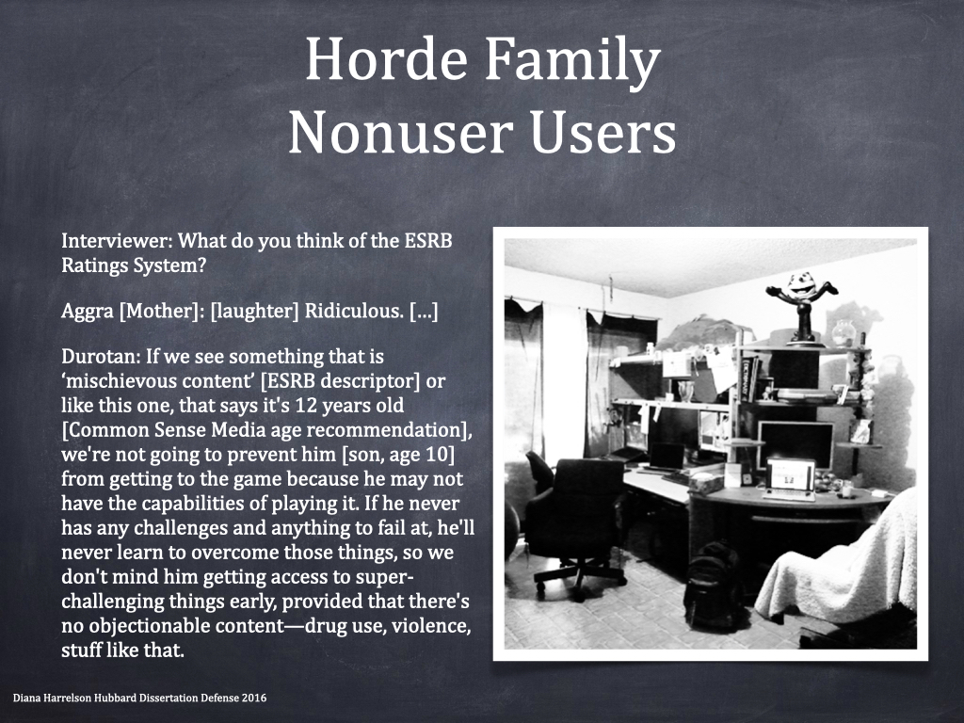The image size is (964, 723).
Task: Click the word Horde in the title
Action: (x=386, y=59)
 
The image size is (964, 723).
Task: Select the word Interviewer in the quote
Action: (x=114, y=240)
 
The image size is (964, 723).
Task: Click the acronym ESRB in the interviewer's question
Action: (x=427, y=240)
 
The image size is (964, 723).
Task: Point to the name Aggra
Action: (x=88, y=312)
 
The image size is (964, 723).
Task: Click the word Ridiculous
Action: (x=354, y=311)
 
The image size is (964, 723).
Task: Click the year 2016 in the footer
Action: (x=254, y=698)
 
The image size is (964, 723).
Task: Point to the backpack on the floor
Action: (x=715, y=584)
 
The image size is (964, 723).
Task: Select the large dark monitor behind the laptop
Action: (x=795, y=442)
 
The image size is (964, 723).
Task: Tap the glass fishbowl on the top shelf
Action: (x=844, y=332)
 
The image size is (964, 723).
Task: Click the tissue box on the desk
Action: (x=706, y=483)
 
